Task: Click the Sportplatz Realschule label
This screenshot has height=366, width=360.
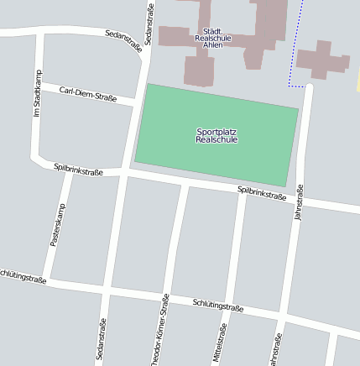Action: coord(217,136)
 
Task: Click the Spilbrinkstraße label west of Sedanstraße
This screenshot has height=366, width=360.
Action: coord(78,170)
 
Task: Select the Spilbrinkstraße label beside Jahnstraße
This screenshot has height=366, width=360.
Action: coord(262,193)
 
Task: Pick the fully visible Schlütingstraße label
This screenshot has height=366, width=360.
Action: coord(217,306)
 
